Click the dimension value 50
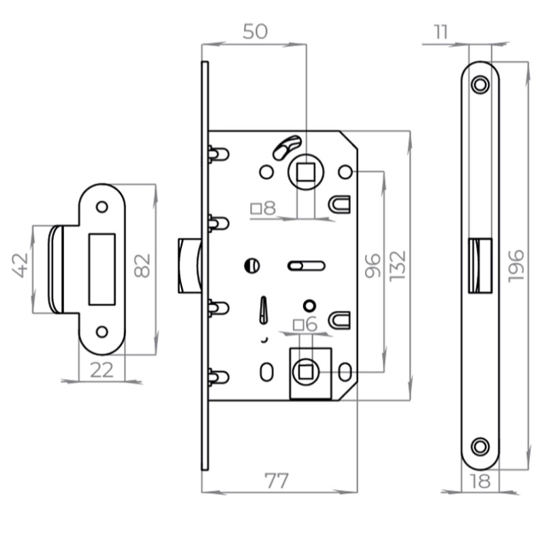coord(253,31)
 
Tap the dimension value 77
coord(276,480)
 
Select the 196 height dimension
coord(515,265)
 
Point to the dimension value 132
coord(398,265)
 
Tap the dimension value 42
coord(21,265)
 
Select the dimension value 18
coord(480,481)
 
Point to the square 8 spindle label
coord(264,208)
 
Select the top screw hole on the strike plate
coord(102,206)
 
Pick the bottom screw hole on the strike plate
coord(102,332)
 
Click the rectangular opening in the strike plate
coord(103,268)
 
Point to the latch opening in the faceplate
coord(481,266)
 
